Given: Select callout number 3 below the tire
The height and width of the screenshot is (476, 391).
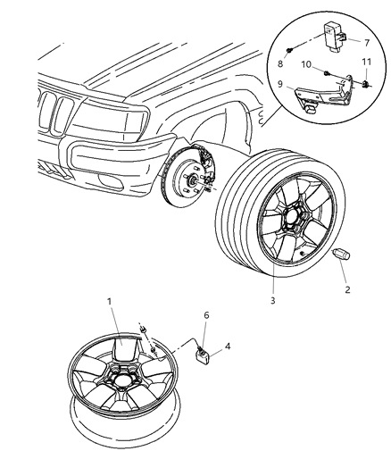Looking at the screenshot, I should pos(272,301).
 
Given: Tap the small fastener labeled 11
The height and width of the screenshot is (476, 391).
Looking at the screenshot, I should pos(367,85).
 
